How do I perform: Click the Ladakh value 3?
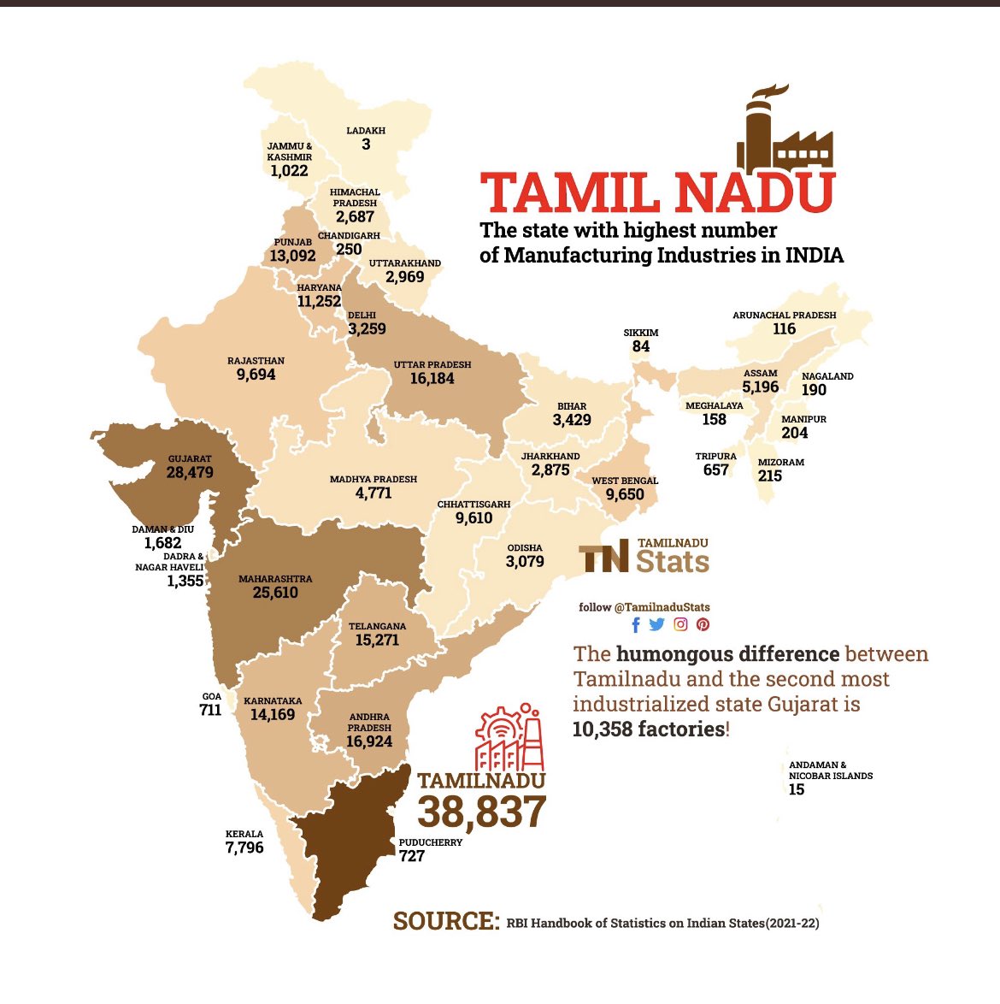click(x=366, y=145)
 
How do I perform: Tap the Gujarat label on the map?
click(x=190, y=459)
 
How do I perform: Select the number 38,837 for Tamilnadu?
click(x=481, y=812)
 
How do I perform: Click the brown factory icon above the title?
click(x=784, y=130)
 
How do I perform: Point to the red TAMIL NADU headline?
click(x=657, y=193)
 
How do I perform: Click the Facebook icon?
click(x=635, y=624)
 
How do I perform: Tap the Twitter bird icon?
click(x=656, y=624)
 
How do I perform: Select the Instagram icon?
click(x=680, y=624)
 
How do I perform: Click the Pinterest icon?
click(x=703, y=624)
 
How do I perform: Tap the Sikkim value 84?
click(x=641, y=346)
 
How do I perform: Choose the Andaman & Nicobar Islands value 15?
click(x=797, y=789)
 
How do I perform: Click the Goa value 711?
click(x=210, y=710)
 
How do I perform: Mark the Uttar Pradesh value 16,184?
click(x=432, y=378)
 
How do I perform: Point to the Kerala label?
click(x=244, y=834)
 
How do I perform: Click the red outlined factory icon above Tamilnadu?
click(x=509, y=737)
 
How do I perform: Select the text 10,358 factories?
click(x=649, y=729)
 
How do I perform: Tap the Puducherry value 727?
click(x=412, y=856)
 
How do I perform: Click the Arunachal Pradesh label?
click(x=784, y=315)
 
